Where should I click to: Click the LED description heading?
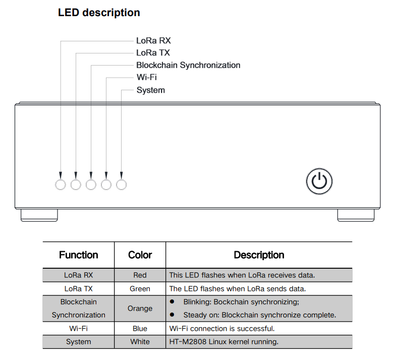tap(99, 13)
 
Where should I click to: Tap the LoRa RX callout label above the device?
tap(153, 40)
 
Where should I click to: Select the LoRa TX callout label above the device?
tap(153, 53)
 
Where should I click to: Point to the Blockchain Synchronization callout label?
tap(188, 65)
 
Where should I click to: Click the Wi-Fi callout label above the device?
tap(147, 77)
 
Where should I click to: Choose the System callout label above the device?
tap(151, 90)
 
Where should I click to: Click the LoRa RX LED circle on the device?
tap(61, 185)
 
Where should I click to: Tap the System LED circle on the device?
tap(121, 185)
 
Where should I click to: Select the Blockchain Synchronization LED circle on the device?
tap(91, 185)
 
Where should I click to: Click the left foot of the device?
tap(39, 215)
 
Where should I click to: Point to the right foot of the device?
tap(356, 215)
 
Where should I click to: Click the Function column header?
tap(79, 255)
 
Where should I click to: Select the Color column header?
tap(140, 255)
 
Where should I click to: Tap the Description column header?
tap(259, 255)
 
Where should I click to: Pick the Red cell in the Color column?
tap(140, 275)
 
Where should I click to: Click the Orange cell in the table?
tap(140, 309)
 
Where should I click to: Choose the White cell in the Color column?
tap(140, 342)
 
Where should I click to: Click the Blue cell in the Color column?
tap(140, 328)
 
